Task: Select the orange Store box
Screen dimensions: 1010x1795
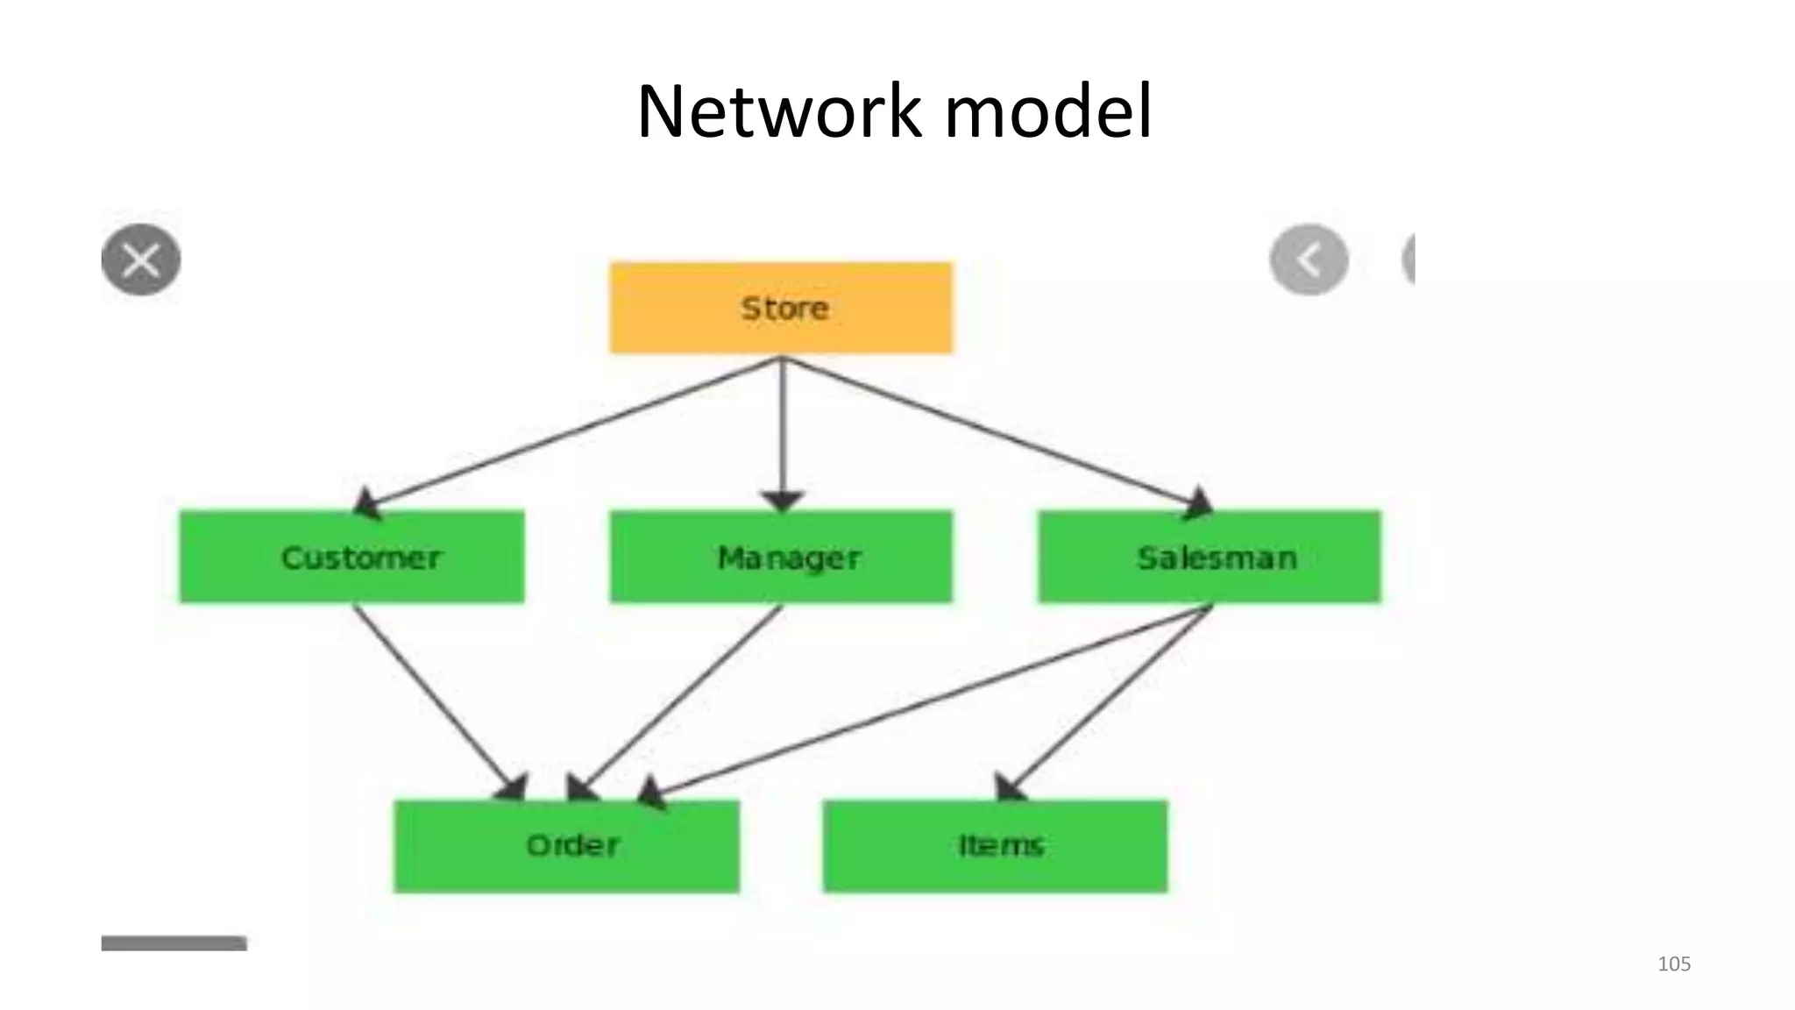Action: (x=781, y=308)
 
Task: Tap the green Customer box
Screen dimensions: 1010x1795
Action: (x=351, y=557)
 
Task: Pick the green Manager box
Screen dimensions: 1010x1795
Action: (x=781, y=557)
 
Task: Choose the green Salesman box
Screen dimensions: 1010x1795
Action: (x=1210, y=557)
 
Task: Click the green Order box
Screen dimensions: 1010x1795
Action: (x=566, y=846)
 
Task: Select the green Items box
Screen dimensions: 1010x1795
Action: (x=995, y=846)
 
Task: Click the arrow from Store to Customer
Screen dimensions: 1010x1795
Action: (x=570, y=432)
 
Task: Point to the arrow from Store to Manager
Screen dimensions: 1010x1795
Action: (x=782, y=430)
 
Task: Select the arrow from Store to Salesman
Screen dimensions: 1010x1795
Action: (x=995, y=432)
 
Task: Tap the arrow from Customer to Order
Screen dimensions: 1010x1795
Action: (x=434, y=697)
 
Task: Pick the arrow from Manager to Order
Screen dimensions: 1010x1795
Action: (x=679, y=697)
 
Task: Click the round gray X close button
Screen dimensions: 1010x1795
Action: (x=141, y=260)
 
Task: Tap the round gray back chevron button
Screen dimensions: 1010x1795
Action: (x=1309, y=260)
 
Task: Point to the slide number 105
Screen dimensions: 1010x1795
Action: (x=1673, y=964)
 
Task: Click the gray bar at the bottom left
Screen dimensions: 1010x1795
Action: (x=174, y=943)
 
